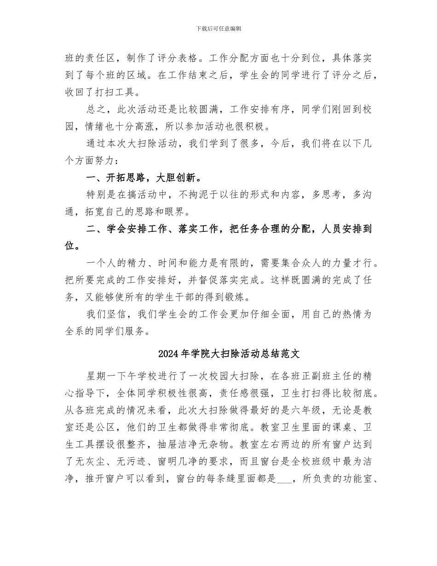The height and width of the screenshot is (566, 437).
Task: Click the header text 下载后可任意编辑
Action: pos(218,29)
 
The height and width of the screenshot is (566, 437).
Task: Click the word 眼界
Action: pos(189,212)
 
